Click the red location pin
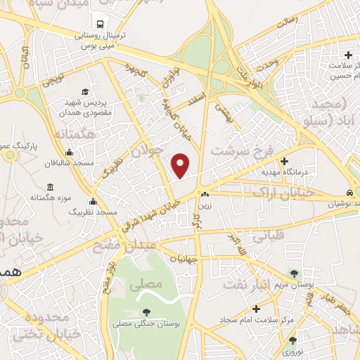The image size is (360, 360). pos(181,165)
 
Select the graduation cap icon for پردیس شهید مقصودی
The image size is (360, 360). pos(85,92)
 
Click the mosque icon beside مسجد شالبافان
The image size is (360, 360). pos(68,153)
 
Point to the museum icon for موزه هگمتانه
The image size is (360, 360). pos(50,187)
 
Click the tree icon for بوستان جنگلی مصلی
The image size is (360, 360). pos(146,312)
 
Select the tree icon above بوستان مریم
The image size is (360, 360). pos(294,274)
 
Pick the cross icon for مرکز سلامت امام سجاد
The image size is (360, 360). pos(256,309)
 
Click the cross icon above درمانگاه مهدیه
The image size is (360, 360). pos(284,161)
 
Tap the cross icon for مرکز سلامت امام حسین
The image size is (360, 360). pos(348,55)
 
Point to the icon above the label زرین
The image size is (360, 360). pos(204,194)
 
